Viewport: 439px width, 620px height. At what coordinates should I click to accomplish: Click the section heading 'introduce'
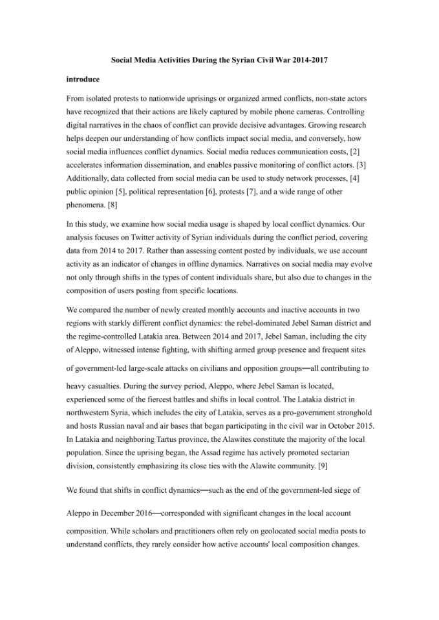click(x=83, y=79)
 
